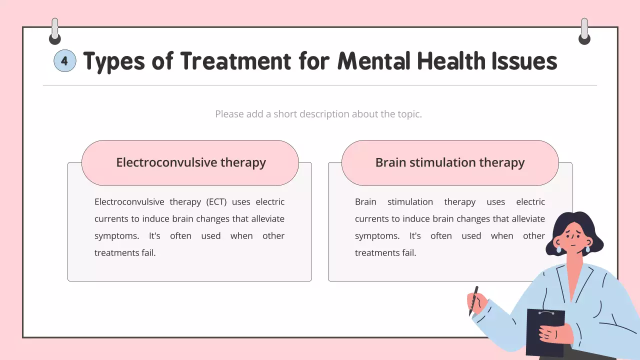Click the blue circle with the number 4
tap(64, 61)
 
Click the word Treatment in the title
tap(235, 61)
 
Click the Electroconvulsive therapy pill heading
tap(190, 162)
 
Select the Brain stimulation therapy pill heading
tap(449, 162)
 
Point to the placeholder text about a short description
tap(318, 114)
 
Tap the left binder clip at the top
tap(55, 31)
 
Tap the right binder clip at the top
tap(584, 31)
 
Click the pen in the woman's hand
tap(473, 300)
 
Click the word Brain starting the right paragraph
tap(365, 202)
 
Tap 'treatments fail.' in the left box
tap(125, 253)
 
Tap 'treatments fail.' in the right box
tap(385, 253)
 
